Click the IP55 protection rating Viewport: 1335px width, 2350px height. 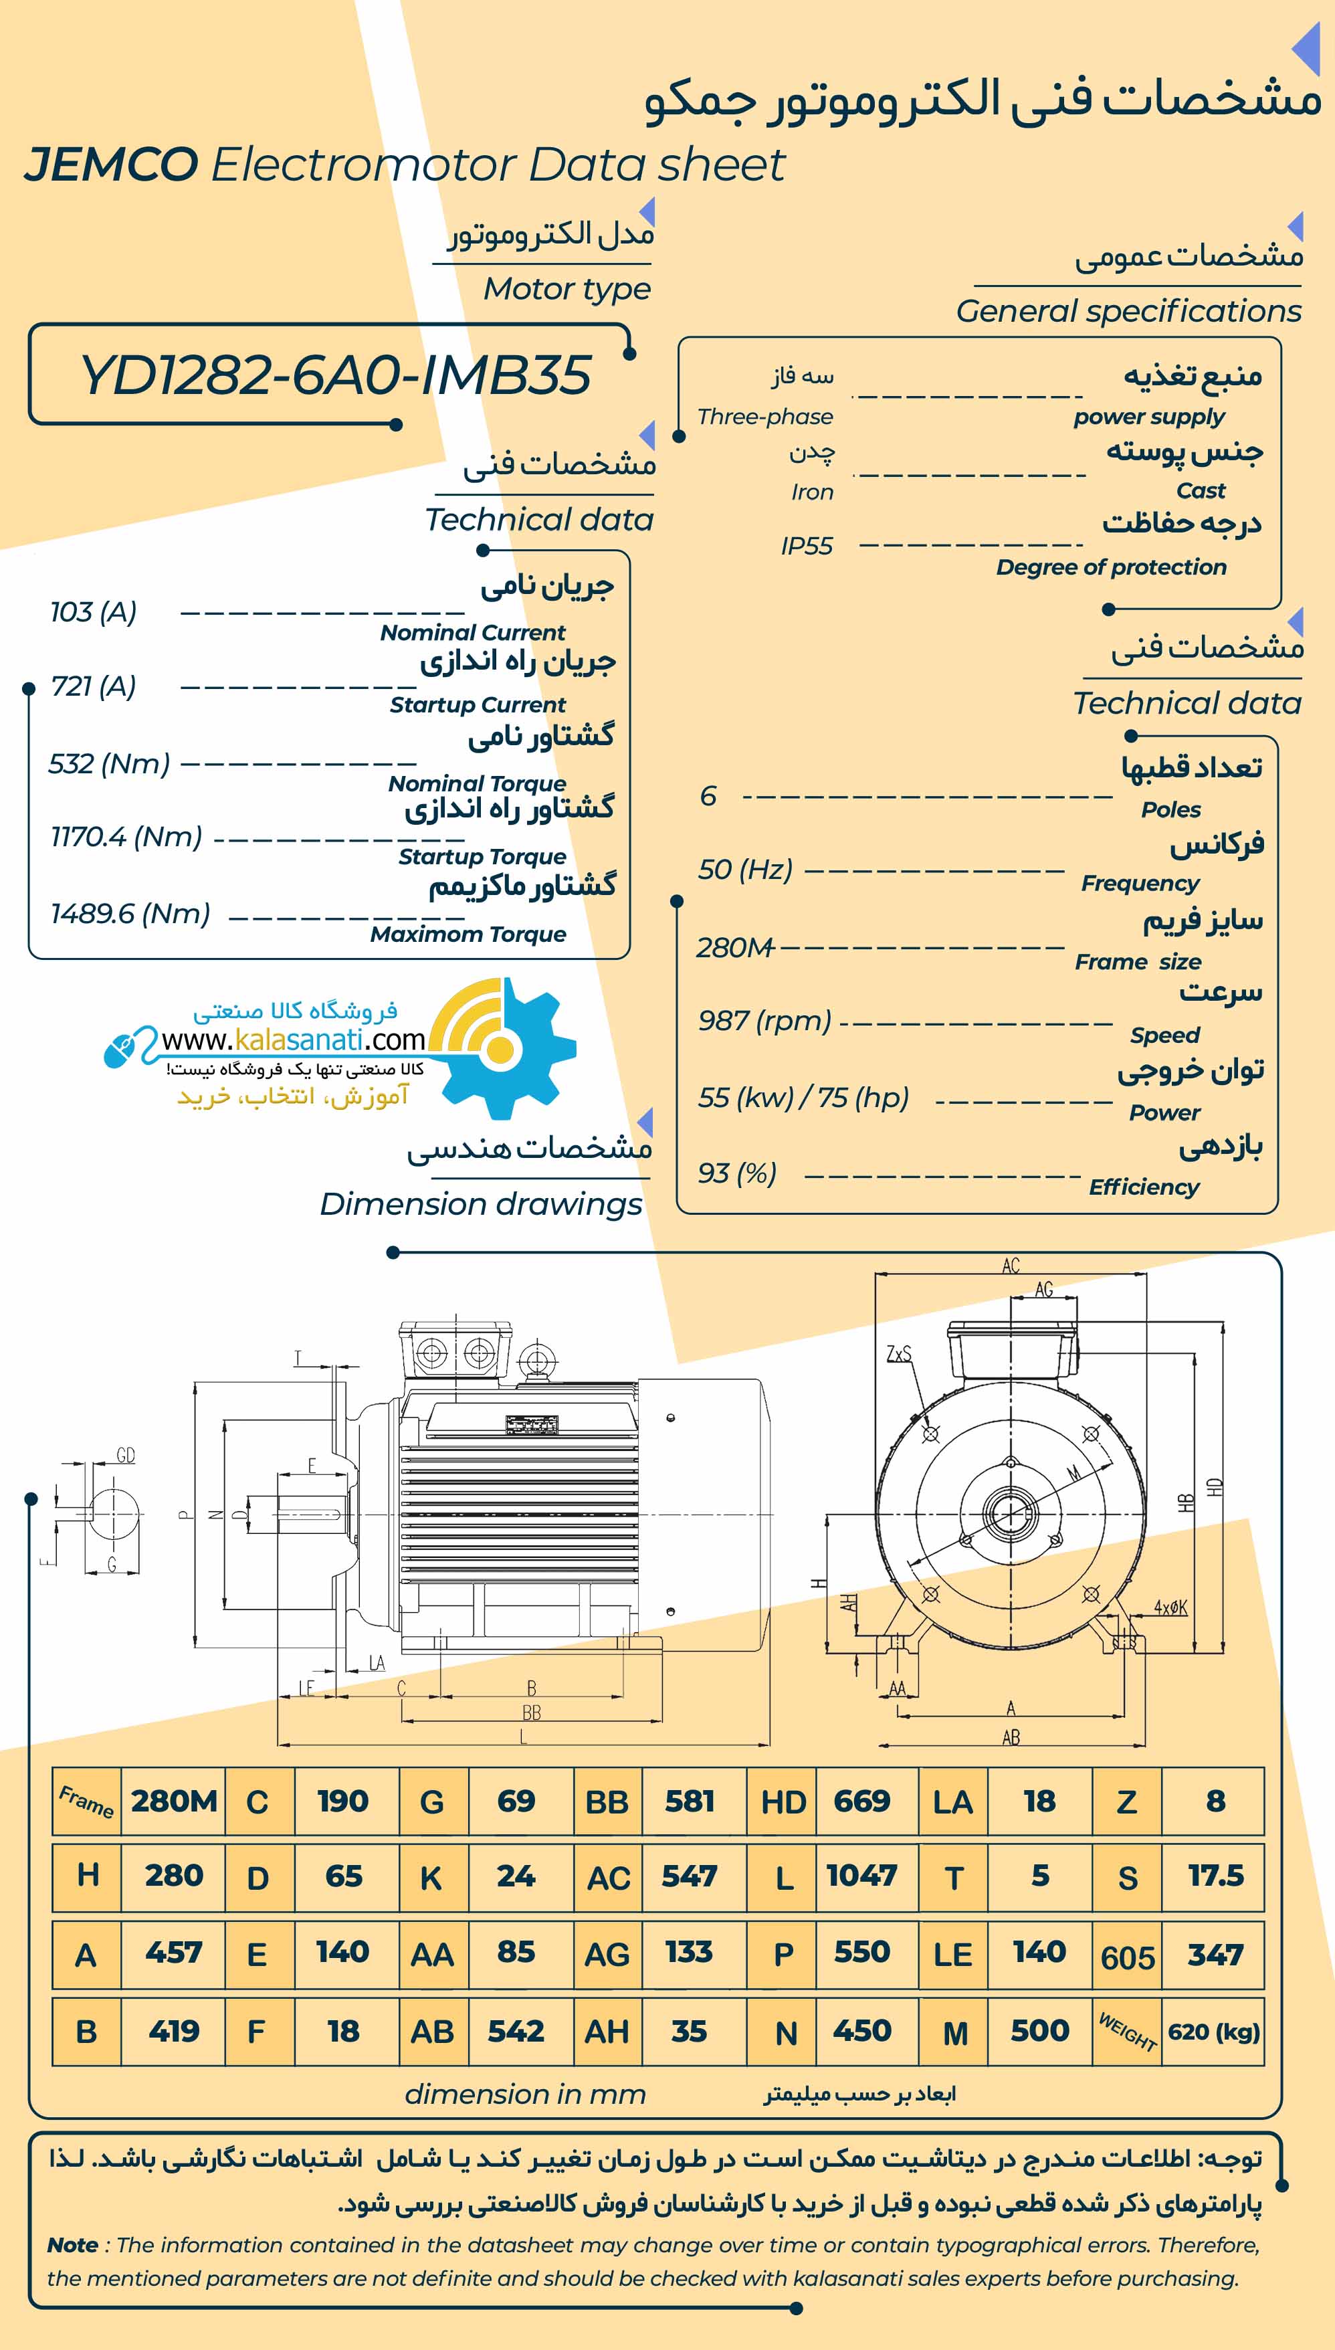[x=807, y=547]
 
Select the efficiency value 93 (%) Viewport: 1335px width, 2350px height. [x=737, y=1173]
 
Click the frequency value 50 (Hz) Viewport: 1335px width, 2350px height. [x=746, y=869]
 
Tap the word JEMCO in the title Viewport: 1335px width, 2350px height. [x=111, y=165]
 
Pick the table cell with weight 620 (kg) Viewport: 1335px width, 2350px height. [x=1213, y=2031]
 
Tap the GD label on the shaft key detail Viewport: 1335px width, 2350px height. [x=126, y=1455]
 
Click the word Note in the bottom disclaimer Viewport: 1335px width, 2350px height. [x=72, y=2244]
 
